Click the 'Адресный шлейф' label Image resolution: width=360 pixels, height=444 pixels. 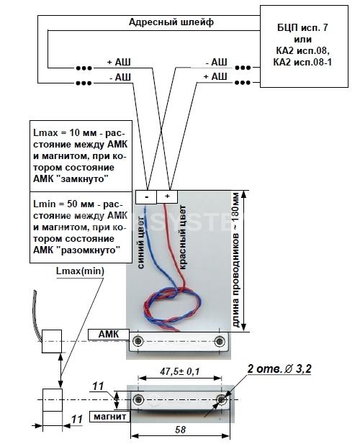pos(171,22)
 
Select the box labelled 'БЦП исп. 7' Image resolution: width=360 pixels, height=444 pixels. pos(304,47)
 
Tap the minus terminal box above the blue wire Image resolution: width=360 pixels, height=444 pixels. pos(146,196)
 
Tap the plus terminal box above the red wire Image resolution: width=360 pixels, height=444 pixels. pos(167,196)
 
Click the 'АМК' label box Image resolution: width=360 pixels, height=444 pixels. pos(109,335)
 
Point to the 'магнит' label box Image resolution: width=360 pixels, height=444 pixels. pos(110,416)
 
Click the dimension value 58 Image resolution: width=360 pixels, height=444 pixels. pos(180,430)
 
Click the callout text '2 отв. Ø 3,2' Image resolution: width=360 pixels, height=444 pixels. pos(279,369)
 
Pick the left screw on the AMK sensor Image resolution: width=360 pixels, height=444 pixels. pos(138,340)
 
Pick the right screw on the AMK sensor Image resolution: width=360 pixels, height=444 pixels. pos(220,341)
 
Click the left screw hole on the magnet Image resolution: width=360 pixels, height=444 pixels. pos(139,399)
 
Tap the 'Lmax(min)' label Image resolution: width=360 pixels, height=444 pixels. pos(80,271)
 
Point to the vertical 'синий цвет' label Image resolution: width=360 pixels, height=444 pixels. pos(143,242)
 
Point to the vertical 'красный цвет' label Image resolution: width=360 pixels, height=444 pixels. pos(183,237)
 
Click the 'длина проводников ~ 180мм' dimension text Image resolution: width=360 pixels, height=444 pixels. pos(236,260)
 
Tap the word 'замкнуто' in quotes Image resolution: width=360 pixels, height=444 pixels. pos(84,179)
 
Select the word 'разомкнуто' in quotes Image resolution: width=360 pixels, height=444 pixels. pos(90,250)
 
